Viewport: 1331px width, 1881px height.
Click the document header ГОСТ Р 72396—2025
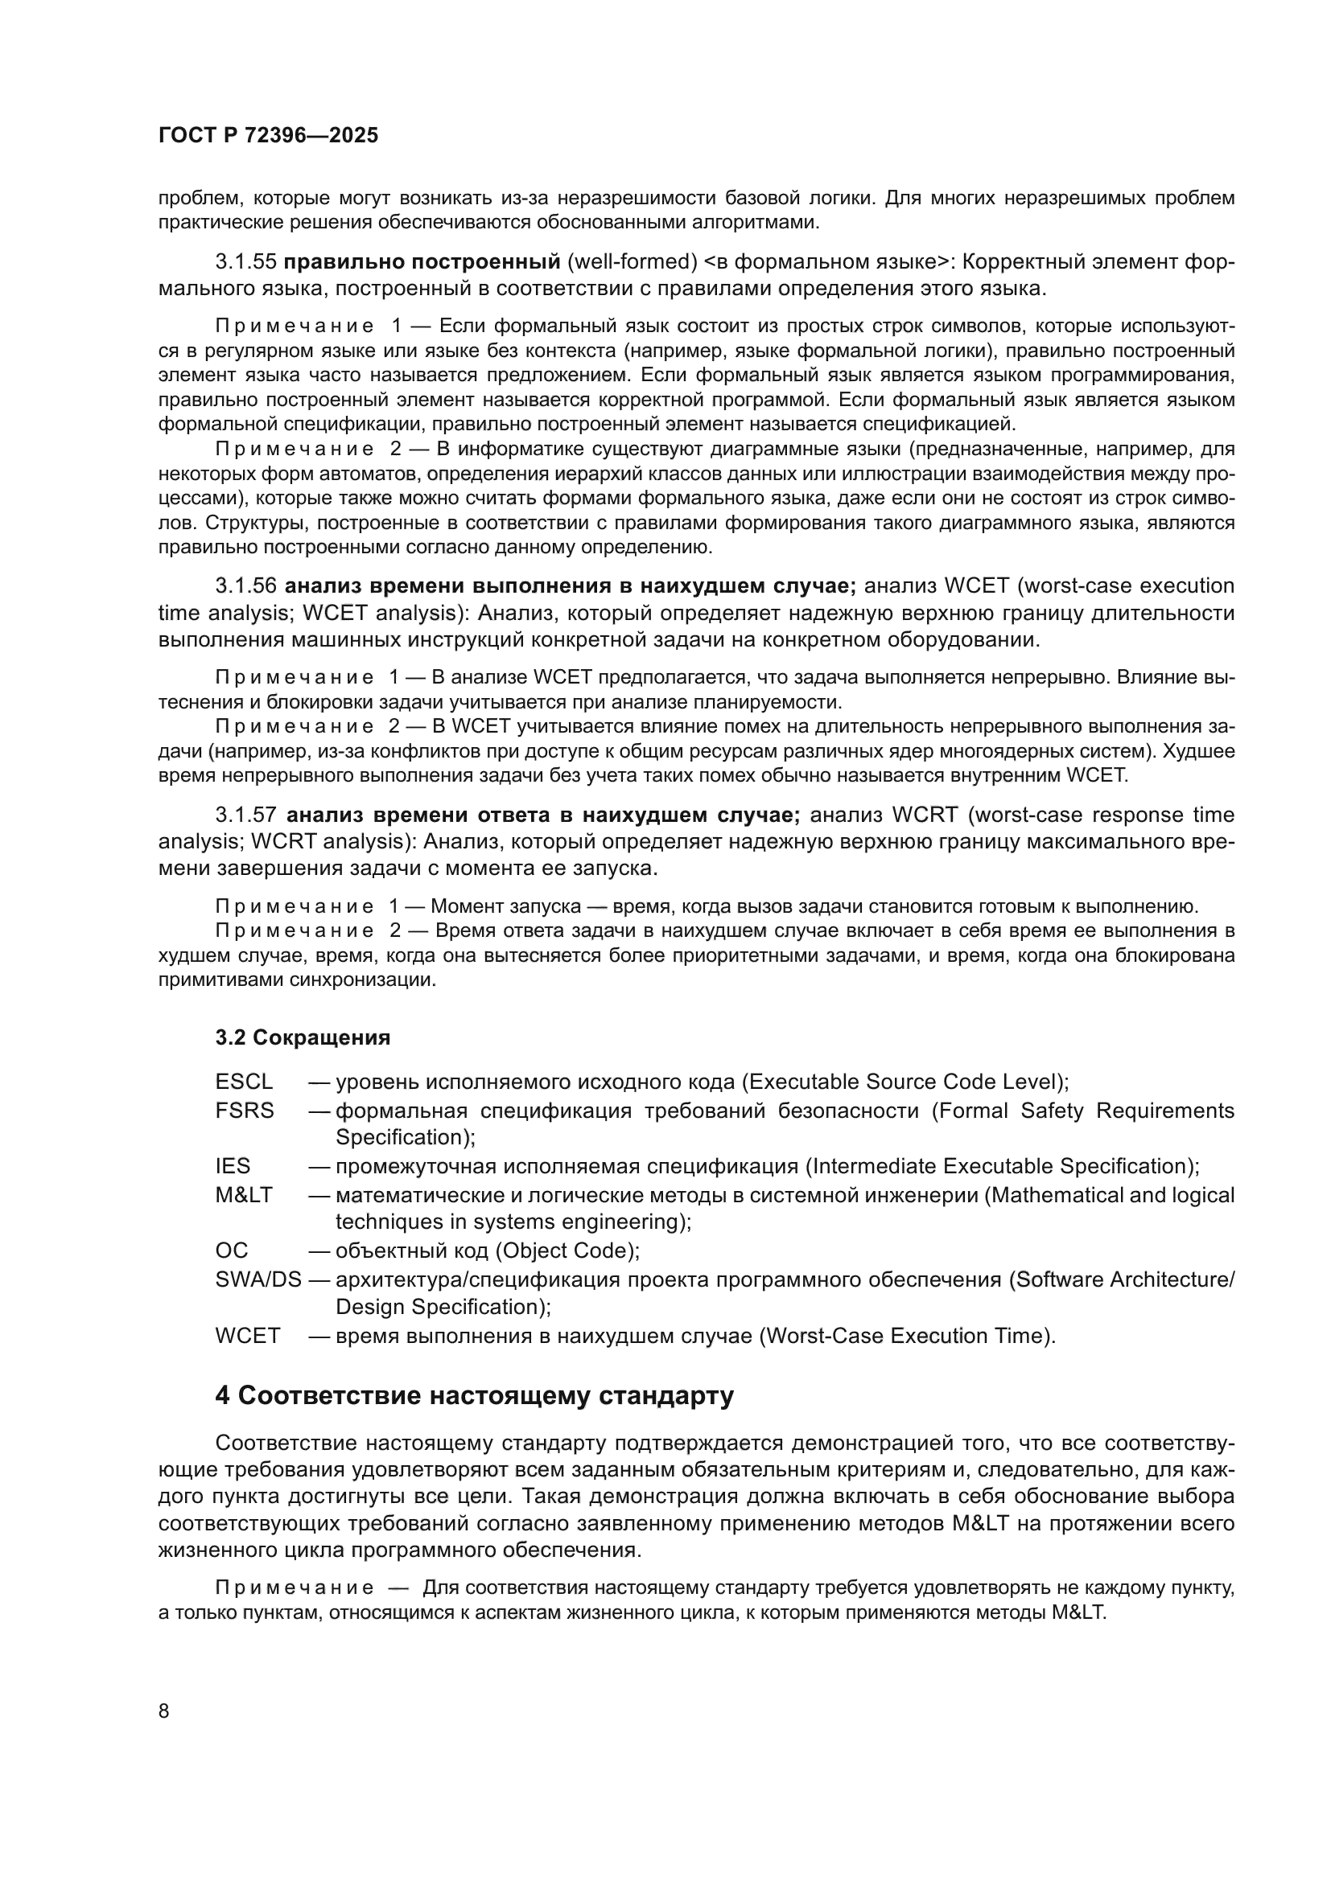coord(268,136)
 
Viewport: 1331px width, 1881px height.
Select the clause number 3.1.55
coord(246,262)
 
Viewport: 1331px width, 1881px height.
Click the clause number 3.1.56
coord(246,585)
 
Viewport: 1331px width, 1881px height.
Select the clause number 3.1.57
coord(246,815)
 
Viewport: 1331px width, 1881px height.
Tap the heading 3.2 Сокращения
coord(303,1037)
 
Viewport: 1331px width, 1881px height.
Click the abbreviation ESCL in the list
coord(243,1082)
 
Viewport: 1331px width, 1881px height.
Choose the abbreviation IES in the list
coord(233,1166)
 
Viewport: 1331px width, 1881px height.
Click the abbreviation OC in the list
coord(231,1251)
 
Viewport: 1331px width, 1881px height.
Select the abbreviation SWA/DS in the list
coord(258,1279)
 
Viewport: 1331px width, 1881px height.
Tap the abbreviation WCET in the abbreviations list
coord(248,1336)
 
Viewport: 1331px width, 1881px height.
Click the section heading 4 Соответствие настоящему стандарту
coord(474,1395)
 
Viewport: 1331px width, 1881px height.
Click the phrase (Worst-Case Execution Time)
coord(906,1336)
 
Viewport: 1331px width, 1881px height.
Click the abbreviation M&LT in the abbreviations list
coord(243,1195)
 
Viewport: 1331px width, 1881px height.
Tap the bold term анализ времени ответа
coord(433,815)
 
